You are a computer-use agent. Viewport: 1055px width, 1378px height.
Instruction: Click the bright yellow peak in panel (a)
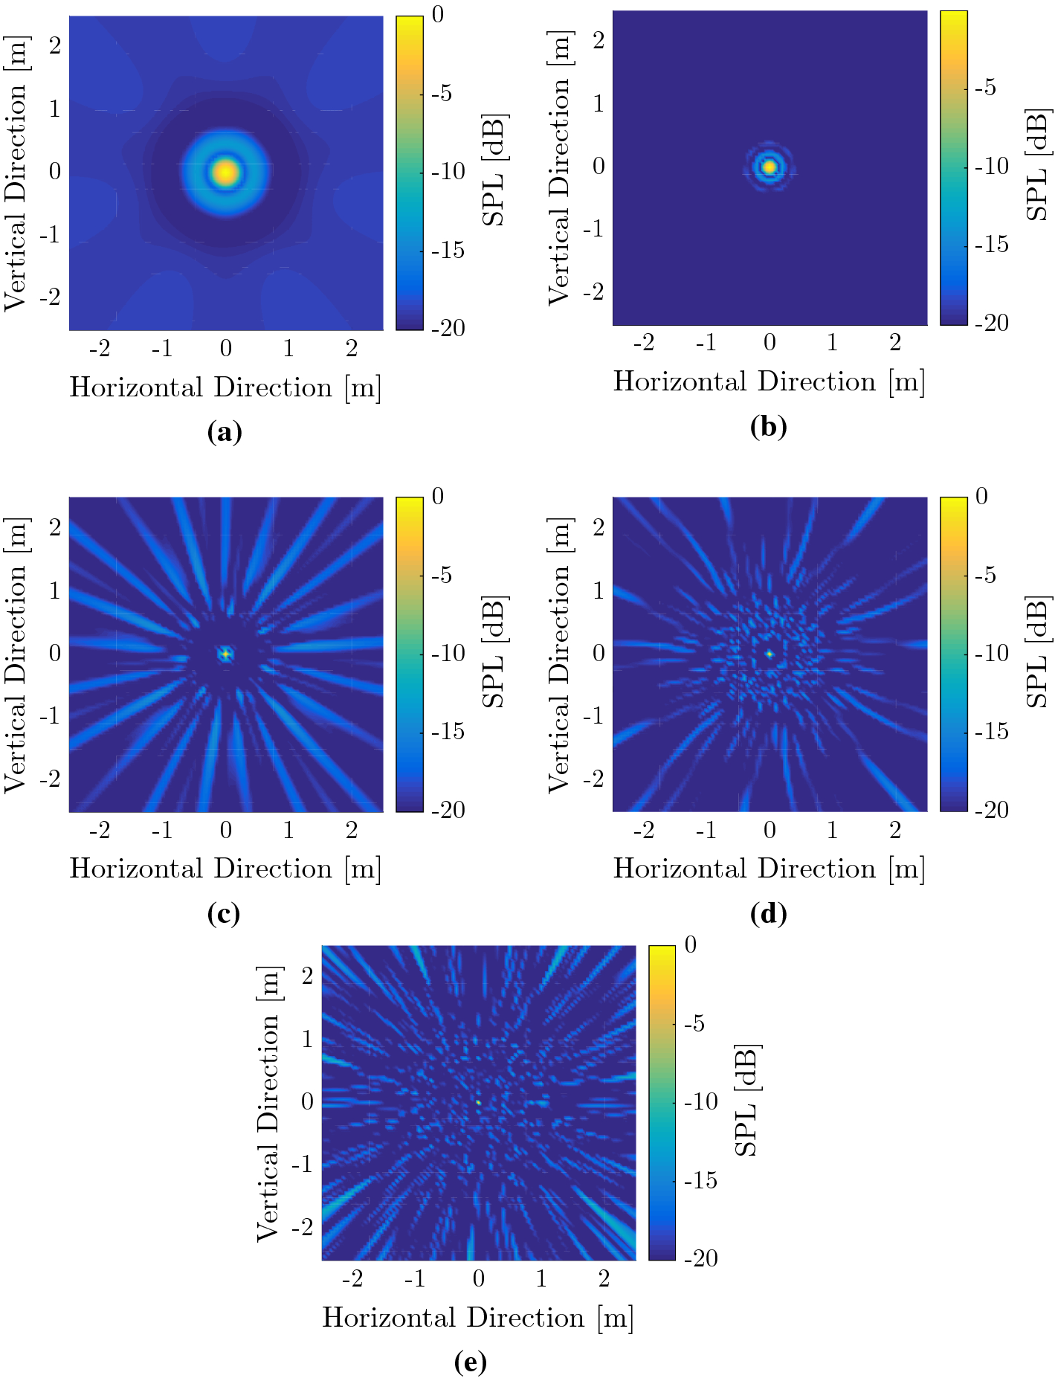point(226,172)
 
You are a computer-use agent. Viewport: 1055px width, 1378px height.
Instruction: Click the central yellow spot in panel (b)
point(770,167)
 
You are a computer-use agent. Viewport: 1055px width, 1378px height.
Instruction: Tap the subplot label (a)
point(225,431)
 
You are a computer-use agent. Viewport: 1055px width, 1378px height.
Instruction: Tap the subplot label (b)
point(768,426)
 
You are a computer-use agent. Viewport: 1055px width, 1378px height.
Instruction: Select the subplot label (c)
point(224,913)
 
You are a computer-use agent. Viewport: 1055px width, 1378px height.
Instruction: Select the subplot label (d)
point(768,913)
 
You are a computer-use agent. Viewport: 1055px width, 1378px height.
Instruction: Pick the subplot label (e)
point(470,1362)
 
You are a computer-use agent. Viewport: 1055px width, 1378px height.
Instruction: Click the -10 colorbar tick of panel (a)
point(448,172)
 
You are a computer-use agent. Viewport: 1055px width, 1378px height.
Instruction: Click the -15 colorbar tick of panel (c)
point(448,732)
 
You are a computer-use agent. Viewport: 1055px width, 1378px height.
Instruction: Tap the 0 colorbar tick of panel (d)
point(981,496)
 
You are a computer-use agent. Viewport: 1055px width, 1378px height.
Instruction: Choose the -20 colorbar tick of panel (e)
point(700,1258)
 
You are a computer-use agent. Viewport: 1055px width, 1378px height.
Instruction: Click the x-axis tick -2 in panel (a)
point(100,348)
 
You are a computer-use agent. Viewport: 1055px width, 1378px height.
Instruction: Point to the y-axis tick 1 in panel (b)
point(599,103)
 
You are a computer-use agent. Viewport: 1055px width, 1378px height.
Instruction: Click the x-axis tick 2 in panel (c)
point(352,829)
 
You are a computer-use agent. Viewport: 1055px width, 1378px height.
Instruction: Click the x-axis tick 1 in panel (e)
point(541,1278)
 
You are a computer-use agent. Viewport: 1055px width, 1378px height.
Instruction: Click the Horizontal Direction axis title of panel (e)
point(477,1318)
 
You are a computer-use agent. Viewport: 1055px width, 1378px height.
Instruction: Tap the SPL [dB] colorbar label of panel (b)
point(1037,165)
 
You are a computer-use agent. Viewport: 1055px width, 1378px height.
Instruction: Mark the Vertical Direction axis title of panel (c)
point(16,654)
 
